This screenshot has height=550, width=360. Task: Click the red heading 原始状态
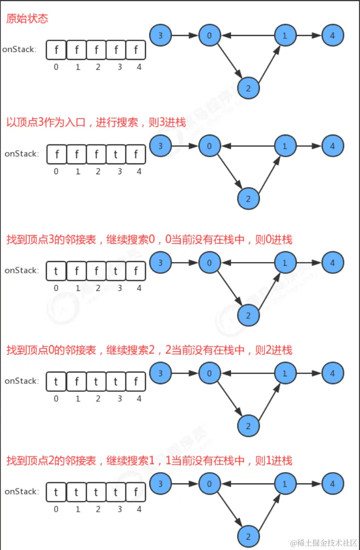(27, 19)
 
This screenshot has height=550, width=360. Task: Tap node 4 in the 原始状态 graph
(333, 35)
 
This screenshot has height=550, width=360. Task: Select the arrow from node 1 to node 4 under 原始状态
(309, 35)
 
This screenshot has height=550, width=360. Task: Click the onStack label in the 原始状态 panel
(19, 49)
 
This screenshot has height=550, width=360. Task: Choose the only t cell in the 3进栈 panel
(116, 154)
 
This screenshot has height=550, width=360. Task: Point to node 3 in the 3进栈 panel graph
(161, 146)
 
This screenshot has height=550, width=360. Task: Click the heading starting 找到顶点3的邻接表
(149, 239)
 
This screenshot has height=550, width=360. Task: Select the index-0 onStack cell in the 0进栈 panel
(56, 271)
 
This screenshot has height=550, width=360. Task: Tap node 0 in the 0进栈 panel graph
(210, 263)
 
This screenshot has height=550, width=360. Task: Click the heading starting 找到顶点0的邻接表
(149, 350)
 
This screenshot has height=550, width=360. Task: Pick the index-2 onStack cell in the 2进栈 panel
(96, 381)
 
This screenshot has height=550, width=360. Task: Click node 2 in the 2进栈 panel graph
(249, 426)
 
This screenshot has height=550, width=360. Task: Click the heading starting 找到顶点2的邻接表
(149, 460)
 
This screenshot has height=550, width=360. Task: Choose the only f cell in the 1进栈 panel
(136, 492)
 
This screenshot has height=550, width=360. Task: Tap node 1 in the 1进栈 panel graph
(285, 484)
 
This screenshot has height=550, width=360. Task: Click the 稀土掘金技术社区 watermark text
(324, 543)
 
